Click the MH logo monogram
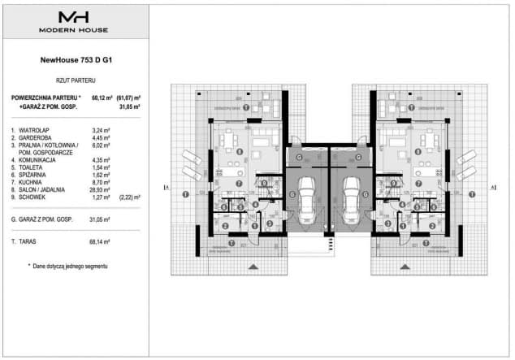[x=73, y=17]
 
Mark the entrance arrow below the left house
[x=252, y=266]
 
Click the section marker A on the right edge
[x=493, y=188]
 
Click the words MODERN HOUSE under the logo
[x=73, y=30]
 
